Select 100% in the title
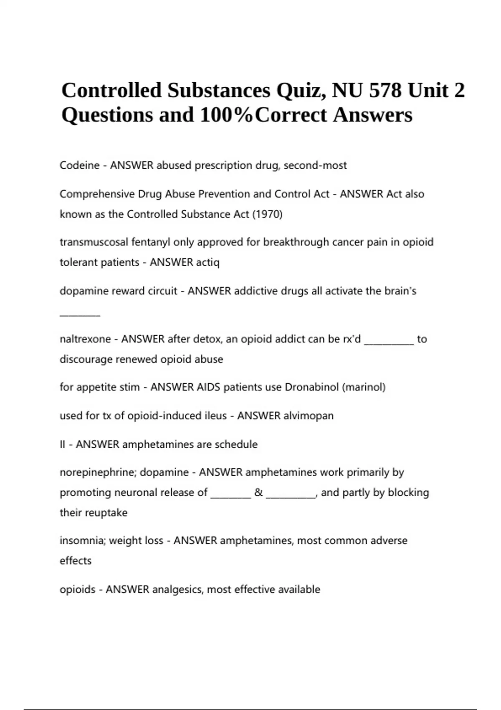click(226, 115)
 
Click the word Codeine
click(79, 165)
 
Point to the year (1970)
click(267, 214)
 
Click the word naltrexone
click(85, 339)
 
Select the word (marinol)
click(364, 387)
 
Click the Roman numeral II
click(63, 444)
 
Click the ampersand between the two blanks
click(258, 493)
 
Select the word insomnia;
click(83, 540)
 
